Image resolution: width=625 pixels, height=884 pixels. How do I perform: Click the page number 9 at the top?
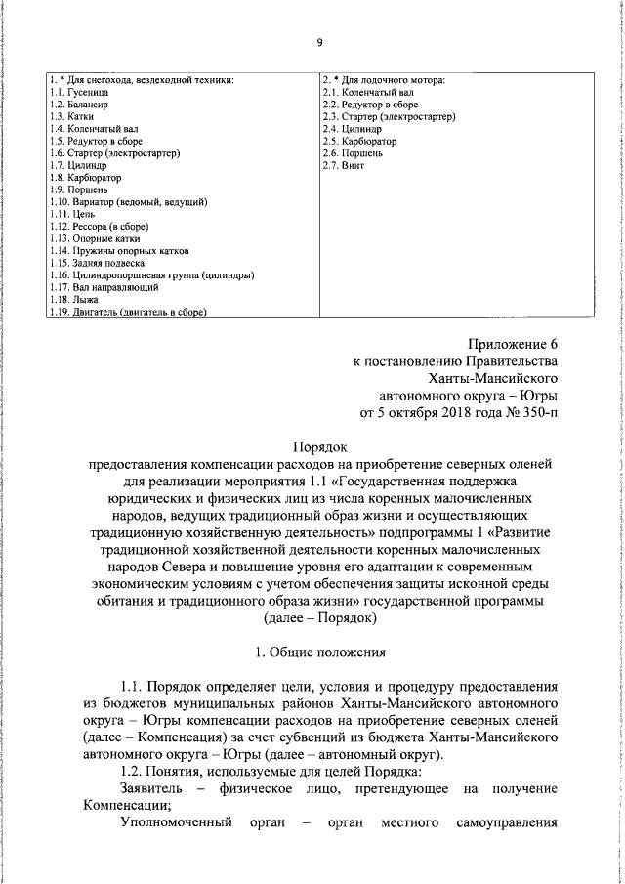click(x=319, y=41)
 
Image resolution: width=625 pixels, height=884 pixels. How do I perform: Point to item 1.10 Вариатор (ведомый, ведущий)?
click(x=127, y=200)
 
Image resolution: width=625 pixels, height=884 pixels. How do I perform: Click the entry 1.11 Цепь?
click(x=68, y=213)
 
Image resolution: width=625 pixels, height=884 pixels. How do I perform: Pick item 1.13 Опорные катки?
click(x=94, y=237)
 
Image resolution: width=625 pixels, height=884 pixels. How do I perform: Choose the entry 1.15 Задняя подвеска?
click(x=96, y=263)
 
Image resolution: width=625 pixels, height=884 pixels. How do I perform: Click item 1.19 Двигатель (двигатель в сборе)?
click(x=130, y=312)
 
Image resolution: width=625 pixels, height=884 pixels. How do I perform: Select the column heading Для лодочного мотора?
click(x=384, y=79)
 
